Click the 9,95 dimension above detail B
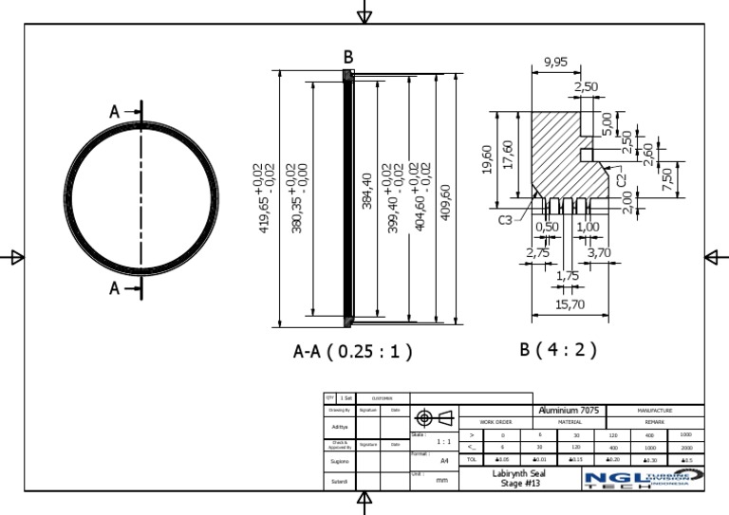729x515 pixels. click(556, 63)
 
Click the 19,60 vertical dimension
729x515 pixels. click(487, 159)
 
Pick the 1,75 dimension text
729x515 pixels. click(568, 275)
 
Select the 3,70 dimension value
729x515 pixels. click(599, 252)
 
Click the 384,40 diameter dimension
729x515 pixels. click(367, 190)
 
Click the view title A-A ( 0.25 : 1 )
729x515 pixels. click(353, 352)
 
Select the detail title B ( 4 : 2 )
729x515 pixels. click(558, 349)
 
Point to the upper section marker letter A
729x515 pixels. click(116, 112)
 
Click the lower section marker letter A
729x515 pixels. click(116, 288)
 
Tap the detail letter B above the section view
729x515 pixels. click(348, 57)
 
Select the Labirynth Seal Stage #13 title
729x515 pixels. click(519, 478)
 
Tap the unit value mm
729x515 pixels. click(441, 481)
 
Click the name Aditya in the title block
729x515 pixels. click(339, 427)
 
